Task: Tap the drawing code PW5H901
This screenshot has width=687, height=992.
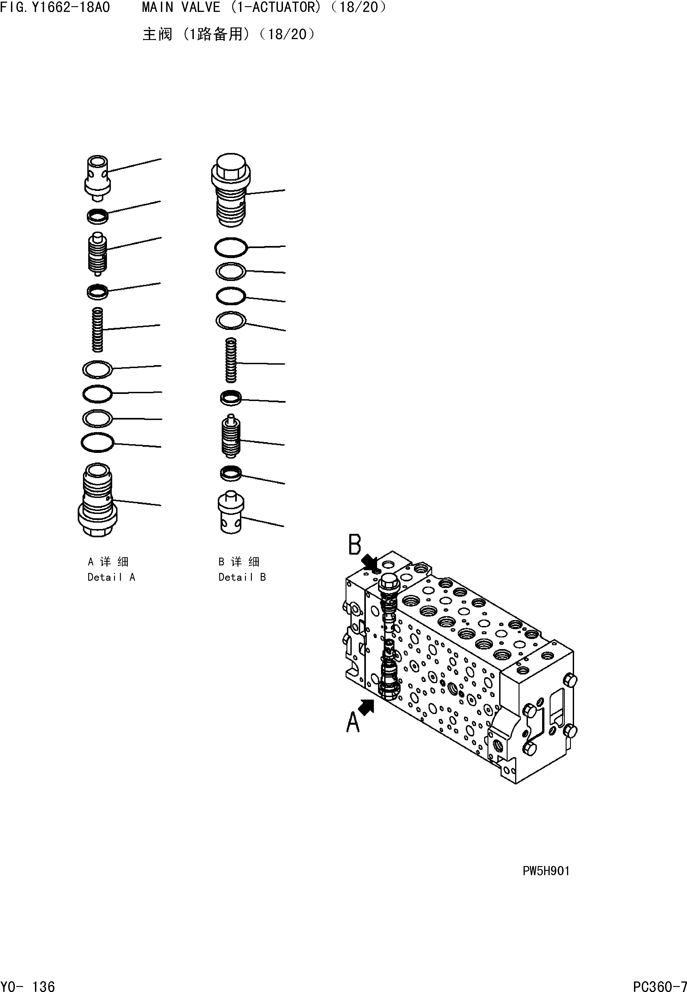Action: (546, 871)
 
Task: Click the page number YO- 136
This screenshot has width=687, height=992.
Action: (28, 983)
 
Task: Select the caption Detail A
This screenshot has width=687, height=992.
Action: (111, 577)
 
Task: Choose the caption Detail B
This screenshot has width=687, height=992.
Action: (242, 577)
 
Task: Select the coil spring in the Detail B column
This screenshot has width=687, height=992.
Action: (231, 360)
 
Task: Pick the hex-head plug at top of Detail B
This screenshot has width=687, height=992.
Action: (231, 190)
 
